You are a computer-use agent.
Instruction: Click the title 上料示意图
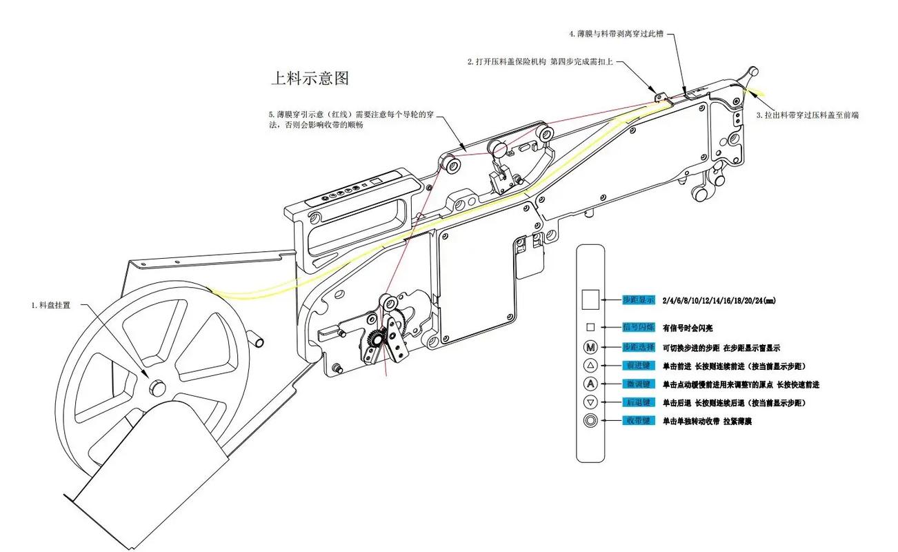click(309, 78)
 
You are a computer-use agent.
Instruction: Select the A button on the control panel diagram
click(590, 384)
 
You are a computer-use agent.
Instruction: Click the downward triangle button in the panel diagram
click(590, 402)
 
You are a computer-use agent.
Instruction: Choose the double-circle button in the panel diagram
click(590, 420)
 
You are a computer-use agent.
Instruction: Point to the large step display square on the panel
click(590, 299)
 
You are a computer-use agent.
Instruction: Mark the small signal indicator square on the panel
click(590, 328)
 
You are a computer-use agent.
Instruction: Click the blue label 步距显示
click(638, 300)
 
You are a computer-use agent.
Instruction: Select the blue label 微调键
click(638, 384)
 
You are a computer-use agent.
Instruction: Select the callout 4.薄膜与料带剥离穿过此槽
click(616, 33)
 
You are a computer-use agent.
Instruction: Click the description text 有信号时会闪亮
click(692, 328)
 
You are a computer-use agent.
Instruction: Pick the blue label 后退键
click(638, 402)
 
